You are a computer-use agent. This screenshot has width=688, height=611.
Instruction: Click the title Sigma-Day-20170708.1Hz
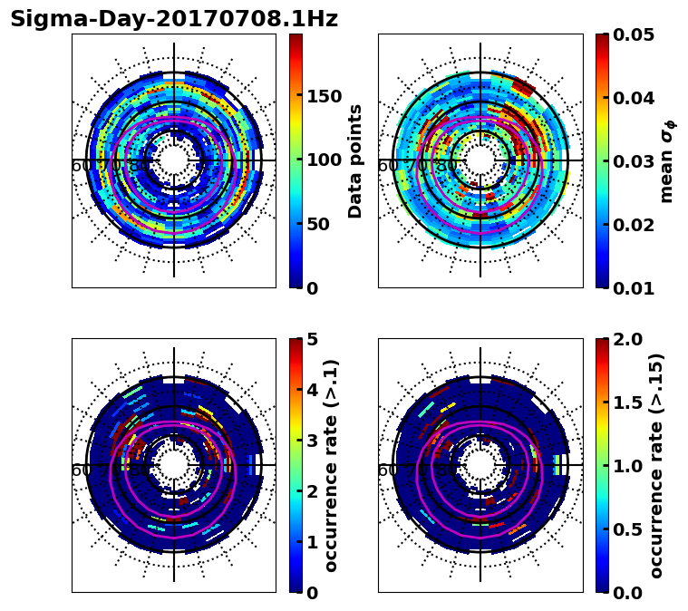pos(174,19)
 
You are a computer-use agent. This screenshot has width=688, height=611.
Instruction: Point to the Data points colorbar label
pos(355,160)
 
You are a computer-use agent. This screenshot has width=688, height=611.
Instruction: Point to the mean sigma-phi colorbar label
pos(666,161)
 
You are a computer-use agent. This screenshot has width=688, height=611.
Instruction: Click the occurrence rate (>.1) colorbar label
pos(332,466)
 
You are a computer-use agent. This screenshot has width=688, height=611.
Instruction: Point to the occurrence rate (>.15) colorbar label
pos(656,466)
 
